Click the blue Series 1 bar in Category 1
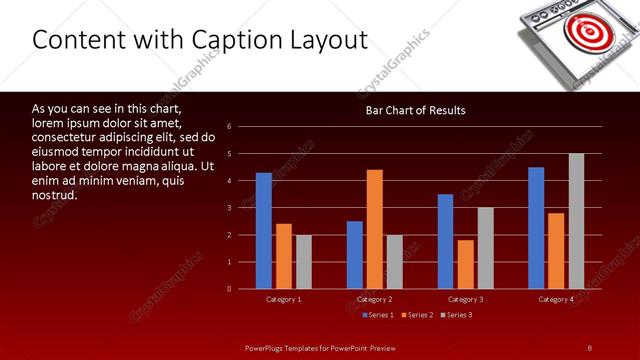click(263, 231)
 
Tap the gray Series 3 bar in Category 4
click(576, 221)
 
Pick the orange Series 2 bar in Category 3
click(465, 264)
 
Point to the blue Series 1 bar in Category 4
click(536, 228)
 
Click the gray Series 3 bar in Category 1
click(303, 262)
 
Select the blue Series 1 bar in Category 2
click(355, 255)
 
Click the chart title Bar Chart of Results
click(416, 110)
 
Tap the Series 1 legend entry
click(377, 315)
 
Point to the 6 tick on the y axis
click(230, 127)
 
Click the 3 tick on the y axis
click(230, 208)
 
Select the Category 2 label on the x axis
click(375, 299)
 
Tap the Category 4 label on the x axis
click(556, 299)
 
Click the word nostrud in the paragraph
click(55, 195)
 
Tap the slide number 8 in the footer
click(590, 347)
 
